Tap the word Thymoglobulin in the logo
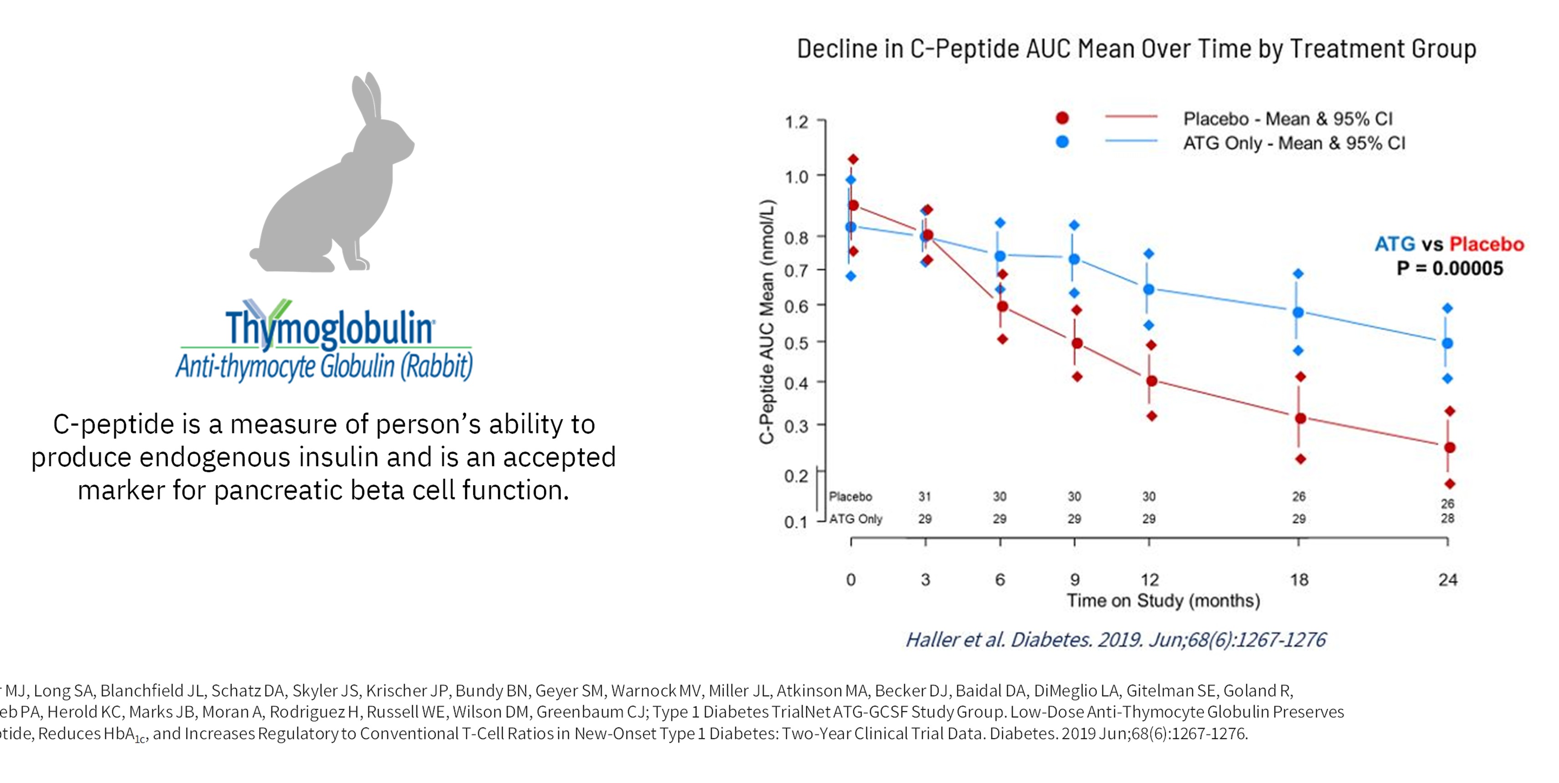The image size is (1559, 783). pyautogui.click(x=330, y=327)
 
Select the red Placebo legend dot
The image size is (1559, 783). pyautogui.click(x=1062, y=118)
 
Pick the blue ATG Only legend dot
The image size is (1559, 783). pyautogui.click(x=1062, y=142)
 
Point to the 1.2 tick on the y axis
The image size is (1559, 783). pyautogui.click(x=796, y=123)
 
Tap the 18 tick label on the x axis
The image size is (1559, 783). pyautogui.click(x=1299, y=579)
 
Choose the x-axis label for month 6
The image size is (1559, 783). pyautogui.click(x=1000, y=579)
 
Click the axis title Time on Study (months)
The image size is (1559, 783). pyautogui.click(x=1163, y=601)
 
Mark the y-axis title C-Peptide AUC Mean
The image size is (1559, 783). pyautogui.click(x=767, y=321)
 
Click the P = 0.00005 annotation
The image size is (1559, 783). pyautogui.click(x=1449, y=268)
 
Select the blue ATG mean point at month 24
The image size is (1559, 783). pyautogui.click(x=1447, y=343)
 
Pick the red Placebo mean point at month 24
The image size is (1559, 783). pyautogui.click(x=1449, y=447)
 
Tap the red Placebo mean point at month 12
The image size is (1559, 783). pyautogui.click(x=1151, y=381)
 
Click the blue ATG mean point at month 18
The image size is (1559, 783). pyautogui.click(x=1298, y=312)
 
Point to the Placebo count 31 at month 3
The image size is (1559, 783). pyautogui.click(x=925, y=496)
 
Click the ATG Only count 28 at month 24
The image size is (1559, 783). pyautogui.click(x=1447, y=518)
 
